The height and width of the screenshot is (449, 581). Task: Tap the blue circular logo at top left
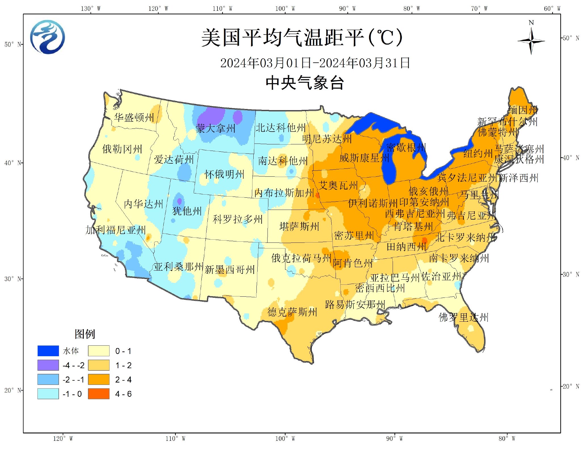pyautogui.click(x=47, y=37)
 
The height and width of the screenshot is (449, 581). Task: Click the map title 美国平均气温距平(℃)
pyautogui.click(x=302, y=37)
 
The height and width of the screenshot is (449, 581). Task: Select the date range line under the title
pyautogui.click(x=315, y=63)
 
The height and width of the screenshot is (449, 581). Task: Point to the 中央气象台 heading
pyautogui.click(x=305, y=83)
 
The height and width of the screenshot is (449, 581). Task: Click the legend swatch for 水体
pyautogui.click(x=48, y=351)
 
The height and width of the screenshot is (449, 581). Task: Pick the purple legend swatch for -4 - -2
pyautogui.click(x=48, y=365)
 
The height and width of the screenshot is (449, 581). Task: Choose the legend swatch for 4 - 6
pyautogui.click(x=98, y=394)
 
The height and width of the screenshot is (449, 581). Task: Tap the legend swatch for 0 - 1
pyautogui.click(x=98, y=351)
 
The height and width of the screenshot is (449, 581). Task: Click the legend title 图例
pyautogui.click(x=85, y=334)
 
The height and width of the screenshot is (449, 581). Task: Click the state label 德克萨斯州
pyautogui.click(x=292, y=312)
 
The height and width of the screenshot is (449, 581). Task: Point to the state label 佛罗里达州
pyautogui.click(x=464, y=317)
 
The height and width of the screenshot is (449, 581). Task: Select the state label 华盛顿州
pyautogui.click(x=134, y=117)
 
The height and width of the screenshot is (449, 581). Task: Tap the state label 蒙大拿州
pyautogui.click(x=216, y=128)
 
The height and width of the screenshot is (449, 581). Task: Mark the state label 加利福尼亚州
pyautogui.click(x=116, y=230)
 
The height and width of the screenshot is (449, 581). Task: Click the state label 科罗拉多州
pyautogui.click(x=238, y=219)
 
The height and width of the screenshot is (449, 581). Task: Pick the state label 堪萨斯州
pyautogui.click(x=299, y=226)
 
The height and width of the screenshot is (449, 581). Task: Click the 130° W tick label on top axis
pyautogui.click(x=90, y=9)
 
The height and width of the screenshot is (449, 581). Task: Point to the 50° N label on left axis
pyautogui.click(x=13, y=44)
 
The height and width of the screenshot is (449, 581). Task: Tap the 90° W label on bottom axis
pyautogui.click(x=394, y=439)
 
